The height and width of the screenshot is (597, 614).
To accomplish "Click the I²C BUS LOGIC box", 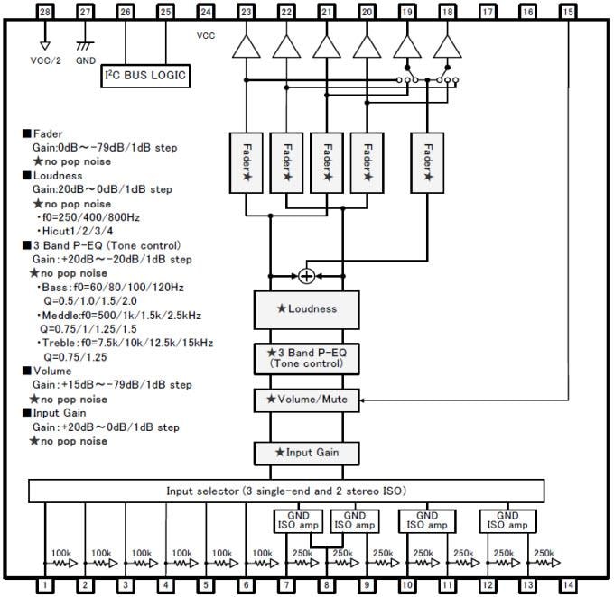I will coord(145,76).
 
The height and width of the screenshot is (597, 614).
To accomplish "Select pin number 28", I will coord(44,12).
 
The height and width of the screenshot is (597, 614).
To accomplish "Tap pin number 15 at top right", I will coord(567,12).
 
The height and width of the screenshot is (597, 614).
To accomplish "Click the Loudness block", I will coord(307,308).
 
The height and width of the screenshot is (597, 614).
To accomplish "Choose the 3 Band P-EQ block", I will coord(307,358).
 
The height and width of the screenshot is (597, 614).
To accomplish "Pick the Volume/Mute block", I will coord(307,398).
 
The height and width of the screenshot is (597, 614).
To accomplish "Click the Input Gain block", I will coord(307,452).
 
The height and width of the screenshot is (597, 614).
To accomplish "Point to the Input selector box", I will coord(286,491).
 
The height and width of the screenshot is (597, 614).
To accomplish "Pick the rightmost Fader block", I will coord(428,161).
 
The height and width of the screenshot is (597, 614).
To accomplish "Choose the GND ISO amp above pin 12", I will coord(506,519).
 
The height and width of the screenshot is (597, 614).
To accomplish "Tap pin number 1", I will coord(44,585).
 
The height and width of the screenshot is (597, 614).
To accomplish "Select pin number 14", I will coord(567,585).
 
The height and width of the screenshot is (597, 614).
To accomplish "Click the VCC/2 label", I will coord(44,61).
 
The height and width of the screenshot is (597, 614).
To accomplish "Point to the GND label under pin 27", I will coord(86,61).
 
